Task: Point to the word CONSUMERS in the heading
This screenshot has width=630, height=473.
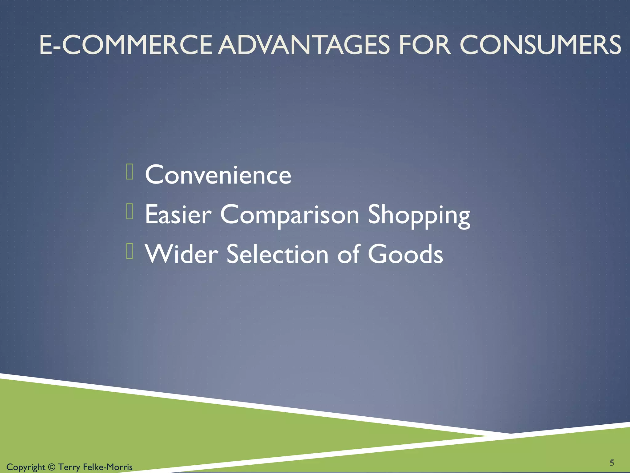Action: tap(540, 45)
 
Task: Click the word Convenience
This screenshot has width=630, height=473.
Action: tap(218, 175)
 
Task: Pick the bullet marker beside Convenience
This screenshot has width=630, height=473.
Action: tap(130, 172)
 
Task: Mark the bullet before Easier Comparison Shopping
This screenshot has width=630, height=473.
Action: tap(130, 212)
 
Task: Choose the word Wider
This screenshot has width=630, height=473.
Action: tap(181, 254)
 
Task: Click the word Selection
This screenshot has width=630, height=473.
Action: tap(277, 254)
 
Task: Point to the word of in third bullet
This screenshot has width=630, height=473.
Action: tap(349, 254)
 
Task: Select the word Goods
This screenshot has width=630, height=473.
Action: tap(405, 254)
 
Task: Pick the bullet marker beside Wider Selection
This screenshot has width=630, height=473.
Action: tap(130, 251)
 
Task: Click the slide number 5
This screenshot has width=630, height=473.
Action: tap(612, 463)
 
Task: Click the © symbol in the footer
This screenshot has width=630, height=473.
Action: tap(52, 467)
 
